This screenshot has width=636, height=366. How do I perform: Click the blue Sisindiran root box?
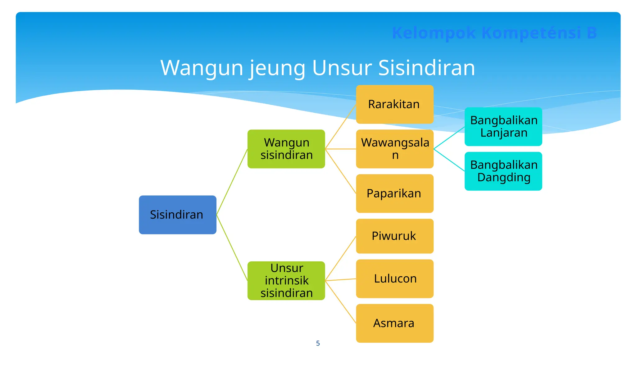pos(177,215)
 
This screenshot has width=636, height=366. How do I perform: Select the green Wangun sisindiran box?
pos(286,149)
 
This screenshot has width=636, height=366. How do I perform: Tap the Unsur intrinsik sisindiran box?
pos(286,281)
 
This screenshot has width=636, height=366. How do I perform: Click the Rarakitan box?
pos(394,104)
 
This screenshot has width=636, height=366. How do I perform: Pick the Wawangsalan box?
pos(394,149)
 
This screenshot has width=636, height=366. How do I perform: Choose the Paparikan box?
pos(394,193)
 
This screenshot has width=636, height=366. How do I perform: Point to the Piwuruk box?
pos(394,236)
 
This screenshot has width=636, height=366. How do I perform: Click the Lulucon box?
pos(394,279)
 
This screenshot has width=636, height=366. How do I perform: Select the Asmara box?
pos(394,323)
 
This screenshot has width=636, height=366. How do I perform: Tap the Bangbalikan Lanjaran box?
pos(503,127)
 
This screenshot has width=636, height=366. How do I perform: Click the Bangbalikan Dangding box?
pos(503,171)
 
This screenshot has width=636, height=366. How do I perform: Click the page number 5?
pos(318,343)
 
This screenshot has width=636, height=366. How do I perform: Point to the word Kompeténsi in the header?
pos(531,33)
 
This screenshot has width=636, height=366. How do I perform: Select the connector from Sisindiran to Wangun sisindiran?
pos(232,182)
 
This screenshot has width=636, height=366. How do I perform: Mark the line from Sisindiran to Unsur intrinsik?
pos(232,247)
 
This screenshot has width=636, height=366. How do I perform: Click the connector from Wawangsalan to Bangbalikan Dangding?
pos(449,160)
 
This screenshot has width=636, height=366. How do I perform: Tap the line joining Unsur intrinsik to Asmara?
pos(340,302)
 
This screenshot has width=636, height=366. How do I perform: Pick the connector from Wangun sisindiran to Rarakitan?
pos(340,127)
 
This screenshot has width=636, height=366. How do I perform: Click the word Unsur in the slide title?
pos(342,68)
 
